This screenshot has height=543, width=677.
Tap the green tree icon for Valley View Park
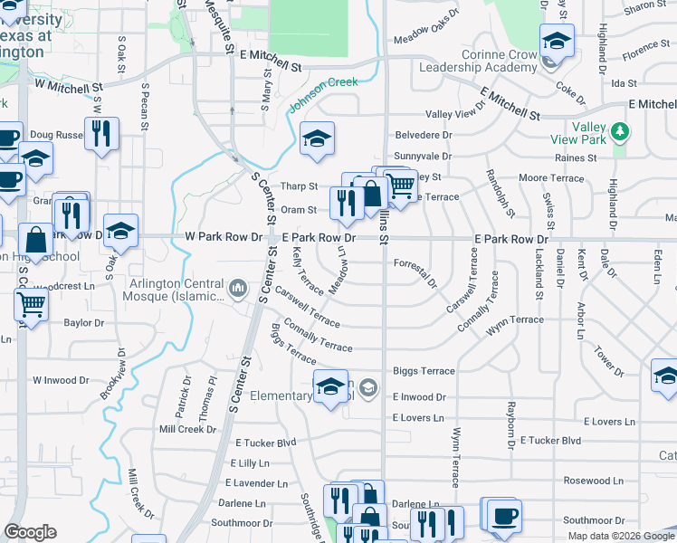620,133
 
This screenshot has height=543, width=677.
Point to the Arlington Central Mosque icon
239,288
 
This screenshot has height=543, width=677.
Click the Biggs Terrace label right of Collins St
424,371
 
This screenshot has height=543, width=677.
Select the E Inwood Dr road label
419,397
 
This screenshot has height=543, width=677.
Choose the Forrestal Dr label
416,269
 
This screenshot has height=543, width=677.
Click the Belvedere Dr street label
424,135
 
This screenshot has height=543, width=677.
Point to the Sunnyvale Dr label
424,157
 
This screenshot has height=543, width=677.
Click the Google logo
30,532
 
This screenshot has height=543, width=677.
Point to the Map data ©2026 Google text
621,536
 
